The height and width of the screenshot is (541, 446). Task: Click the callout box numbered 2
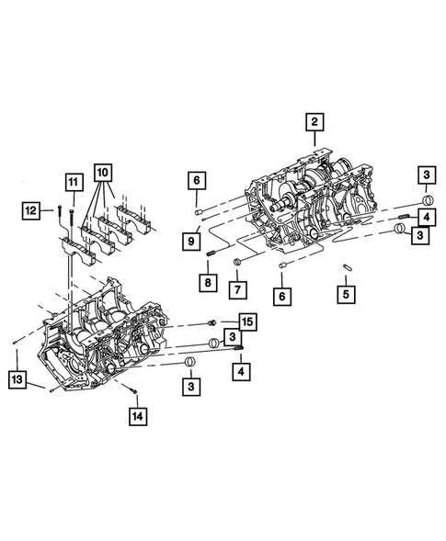(x=314, y=121)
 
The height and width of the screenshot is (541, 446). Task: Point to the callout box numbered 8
(x=209, y=282)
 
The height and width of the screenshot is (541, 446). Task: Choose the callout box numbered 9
(x=192, y=241)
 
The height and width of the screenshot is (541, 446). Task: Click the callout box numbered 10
(x=102, y=171)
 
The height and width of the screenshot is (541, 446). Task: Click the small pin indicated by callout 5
(x=349, y=267)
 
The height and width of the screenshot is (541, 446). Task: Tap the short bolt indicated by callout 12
(x=57, y=212)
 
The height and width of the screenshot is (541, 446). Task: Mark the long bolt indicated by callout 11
(x=72, y=213)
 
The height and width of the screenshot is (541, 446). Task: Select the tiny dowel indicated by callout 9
(x=201, y=219)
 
